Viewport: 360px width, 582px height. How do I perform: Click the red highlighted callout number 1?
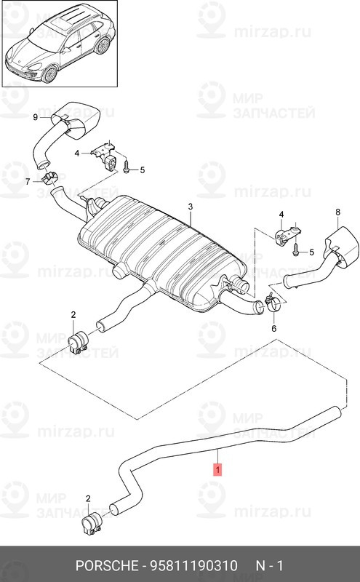[x=218, y=469]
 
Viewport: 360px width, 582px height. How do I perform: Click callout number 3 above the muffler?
[x=190, y=207]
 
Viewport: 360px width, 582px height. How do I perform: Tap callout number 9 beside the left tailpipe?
[x=35, y=117]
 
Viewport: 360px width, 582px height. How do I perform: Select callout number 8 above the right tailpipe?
[x=337, y=212]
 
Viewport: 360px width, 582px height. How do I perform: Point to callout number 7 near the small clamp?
[x=28, y=181]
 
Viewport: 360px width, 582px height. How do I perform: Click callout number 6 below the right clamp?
[x=274, y=329]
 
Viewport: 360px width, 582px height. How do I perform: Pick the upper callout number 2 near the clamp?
[x=73, y=315]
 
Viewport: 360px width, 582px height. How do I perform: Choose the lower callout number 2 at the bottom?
[x=88, y=498]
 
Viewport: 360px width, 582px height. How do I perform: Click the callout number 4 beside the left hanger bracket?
[x=77, y=153]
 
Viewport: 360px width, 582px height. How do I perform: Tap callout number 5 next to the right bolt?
[x=311, y=252]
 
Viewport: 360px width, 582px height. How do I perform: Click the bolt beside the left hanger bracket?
[x=125, y=167]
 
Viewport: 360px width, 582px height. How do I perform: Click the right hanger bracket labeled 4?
[x=287, y=234]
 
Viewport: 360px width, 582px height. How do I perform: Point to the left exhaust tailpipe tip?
[x=77, y=119]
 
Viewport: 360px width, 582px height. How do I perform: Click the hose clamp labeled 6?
[x=273, y=302]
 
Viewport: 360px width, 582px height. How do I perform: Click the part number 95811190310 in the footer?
[x=193, y=566]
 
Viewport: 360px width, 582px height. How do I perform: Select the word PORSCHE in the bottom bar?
[x=106, y=566]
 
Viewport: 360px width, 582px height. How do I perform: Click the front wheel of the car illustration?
[x=49, y=73]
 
